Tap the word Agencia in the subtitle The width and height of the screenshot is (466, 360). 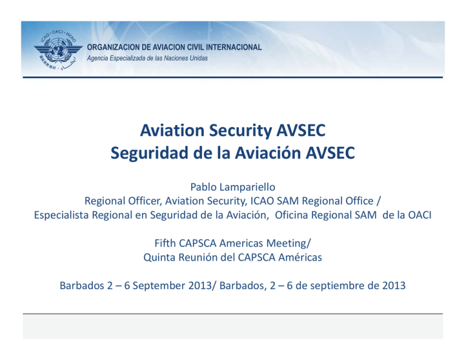pyautogui.click(x=100, y=58)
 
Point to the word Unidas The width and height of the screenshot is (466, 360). pyautogui.click(x=195, y=58)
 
